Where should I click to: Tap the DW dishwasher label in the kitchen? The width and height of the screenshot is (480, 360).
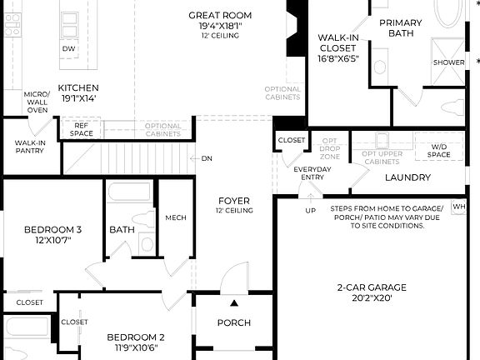click(68, 49)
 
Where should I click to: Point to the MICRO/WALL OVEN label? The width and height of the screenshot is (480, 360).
click(37, 102)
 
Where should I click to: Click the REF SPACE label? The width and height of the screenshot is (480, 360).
click(81, 129)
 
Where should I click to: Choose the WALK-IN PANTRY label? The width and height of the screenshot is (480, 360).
click(30, 147)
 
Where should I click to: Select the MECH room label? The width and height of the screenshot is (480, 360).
click(176, 217)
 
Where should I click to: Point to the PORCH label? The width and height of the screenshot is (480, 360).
click(234, 323)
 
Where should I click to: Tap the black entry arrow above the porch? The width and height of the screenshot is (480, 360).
click(235, 303)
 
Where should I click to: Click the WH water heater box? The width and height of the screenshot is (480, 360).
click(459, 206)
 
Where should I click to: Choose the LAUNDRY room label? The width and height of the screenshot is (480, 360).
click(407, 177)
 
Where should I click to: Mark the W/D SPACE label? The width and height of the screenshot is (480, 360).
click(438, 151)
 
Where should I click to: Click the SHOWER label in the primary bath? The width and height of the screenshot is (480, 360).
click(448, 62)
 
